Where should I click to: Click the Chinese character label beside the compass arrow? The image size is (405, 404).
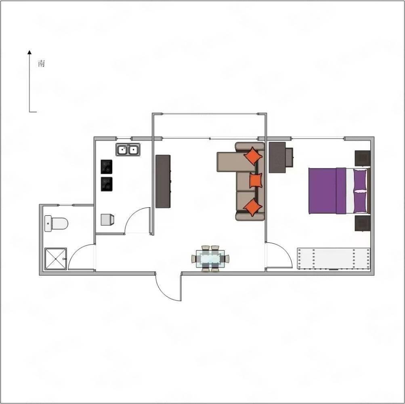pos(41,63)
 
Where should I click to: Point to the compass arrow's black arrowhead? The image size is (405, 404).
pos(30,52)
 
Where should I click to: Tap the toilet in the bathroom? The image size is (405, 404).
pos(56,223)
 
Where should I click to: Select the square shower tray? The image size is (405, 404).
pos(56,259)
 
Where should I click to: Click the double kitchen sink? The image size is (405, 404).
pos(128,149)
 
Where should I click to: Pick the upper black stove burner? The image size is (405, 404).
pos(107,167)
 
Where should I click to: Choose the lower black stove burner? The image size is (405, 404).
pos(107,184)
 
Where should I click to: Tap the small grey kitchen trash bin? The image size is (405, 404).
pos(107,220)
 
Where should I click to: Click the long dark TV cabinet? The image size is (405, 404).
pos(163,181)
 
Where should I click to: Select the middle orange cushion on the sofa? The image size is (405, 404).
pos(256,181)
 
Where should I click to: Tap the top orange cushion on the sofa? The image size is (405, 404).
pos(253,156)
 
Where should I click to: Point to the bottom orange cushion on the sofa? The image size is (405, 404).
pos(253,207)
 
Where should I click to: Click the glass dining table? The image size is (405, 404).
pos(210,259)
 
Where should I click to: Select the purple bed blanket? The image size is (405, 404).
pos(327,191)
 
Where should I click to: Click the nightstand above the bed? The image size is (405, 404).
pos(362,158)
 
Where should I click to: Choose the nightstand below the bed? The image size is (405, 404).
pos(362,223)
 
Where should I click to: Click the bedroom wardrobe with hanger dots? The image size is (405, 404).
pos(334,259)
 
